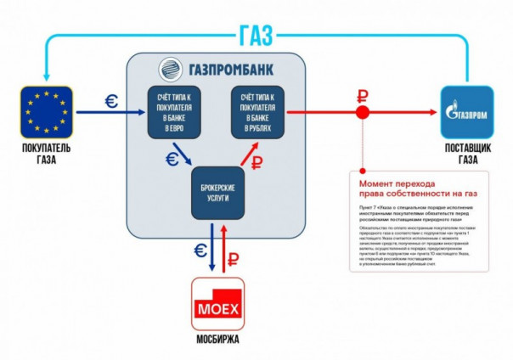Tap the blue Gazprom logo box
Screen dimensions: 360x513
466,111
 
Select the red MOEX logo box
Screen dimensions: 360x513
217,302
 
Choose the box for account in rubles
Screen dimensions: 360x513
256,110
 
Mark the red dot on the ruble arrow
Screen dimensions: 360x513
362,112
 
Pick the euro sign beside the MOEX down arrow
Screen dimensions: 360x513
200,250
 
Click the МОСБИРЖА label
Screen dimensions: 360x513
217,340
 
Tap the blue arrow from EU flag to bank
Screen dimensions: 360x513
110,111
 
